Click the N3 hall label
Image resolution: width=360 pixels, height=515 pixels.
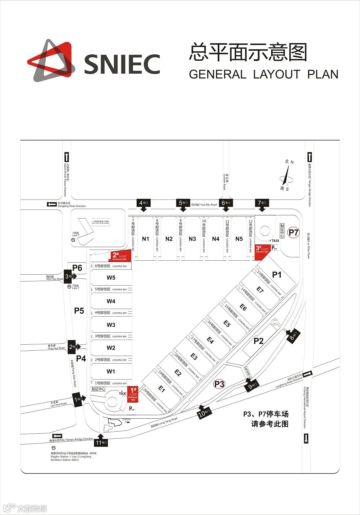192,239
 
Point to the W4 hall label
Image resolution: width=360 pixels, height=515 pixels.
111,301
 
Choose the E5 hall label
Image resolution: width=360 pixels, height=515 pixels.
227,323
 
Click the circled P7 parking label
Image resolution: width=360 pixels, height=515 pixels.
294,232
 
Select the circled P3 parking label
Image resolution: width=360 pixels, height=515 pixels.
219,384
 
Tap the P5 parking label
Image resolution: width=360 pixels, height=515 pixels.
79,311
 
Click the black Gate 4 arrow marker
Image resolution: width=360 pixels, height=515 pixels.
144,205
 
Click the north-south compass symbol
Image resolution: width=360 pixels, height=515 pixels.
287,175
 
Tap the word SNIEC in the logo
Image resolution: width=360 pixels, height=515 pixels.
122,64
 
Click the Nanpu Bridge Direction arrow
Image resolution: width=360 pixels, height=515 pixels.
57,436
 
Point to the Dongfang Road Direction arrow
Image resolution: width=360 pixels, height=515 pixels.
52,204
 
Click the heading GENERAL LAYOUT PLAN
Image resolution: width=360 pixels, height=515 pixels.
263,74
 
